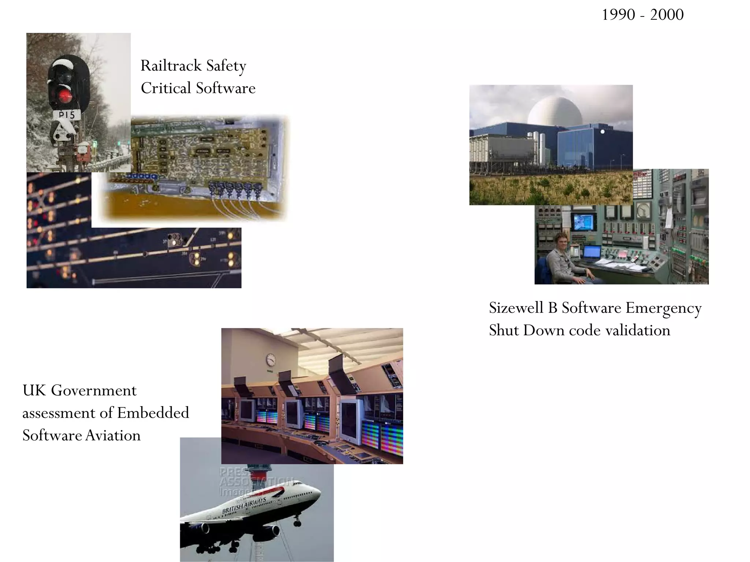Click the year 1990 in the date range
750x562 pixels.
(618, 15)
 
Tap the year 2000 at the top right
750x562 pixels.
(667, 15)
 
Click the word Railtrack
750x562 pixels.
(171, 66)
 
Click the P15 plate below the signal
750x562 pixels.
(67, 115)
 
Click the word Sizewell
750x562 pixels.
(516, 308)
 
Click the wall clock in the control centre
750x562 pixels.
(271, 360)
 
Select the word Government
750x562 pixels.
(94, 391)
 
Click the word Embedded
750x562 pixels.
(153, 413)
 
